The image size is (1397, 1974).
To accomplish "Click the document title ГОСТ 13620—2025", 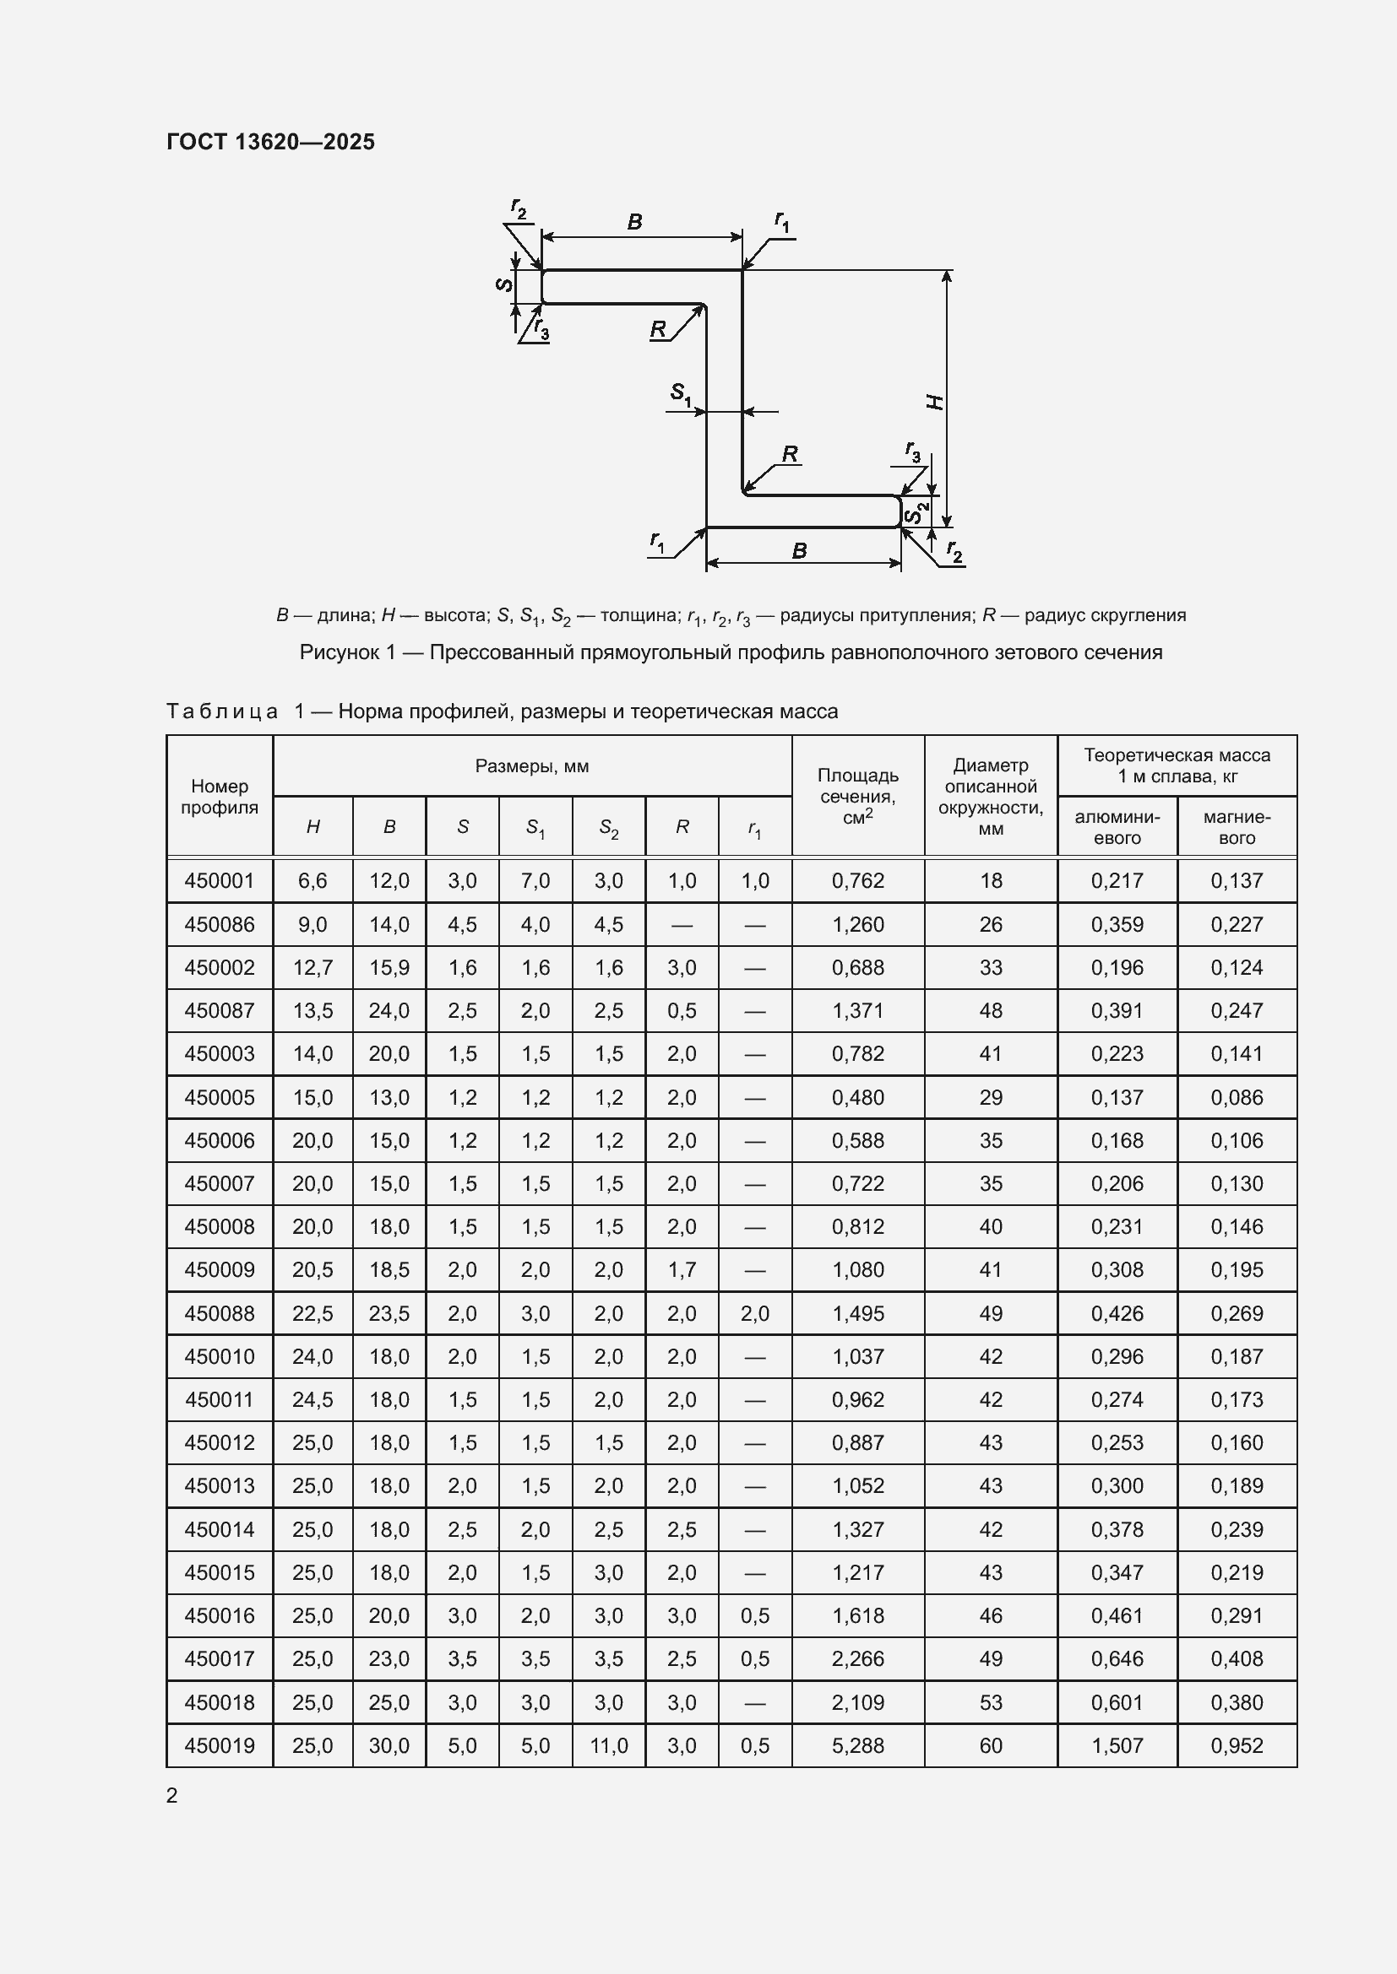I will (270, 142).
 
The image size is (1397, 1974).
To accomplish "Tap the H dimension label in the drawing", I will (936, 402).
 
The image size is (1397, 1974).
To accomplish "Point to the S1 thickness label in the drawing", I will (681, 394).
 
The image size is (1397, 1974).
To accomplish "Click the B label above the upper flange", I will (635, 222).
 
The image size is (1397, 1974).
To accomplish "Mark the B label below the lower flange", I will (799, 551).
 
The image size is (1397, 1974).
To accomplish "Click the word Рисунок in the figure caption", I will (340, 652).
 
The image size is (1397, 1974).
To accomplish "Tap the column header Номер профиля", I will (220, 796).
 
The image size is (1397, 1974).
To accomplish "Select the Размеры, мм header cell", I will (531, 766).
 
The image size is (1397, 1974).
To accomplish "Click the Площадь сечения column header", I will (857, 796).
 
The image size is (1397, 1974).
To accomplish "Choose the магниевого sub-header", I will (1237, 827).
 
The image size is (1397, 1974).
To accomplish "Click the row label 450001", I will (220, 880).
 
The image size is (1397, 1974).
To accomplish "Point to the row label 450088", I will (220, 1314).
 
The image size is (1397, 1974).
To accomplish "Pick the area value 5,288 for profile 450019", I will (857, 1746).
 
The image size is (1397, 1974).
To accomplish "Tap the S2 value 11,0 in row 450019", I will (608, 1746).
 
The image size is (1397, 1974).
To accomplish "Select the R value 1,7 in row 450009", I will (682, 1270).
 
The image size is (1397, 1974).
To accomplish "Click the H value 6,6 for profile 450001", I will (313, 880).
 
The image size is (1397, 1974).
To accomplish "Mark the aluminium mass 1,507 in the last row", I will (1117, 1746).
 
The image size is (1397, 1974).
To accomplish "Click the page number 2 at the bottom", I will (172, 1795).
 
